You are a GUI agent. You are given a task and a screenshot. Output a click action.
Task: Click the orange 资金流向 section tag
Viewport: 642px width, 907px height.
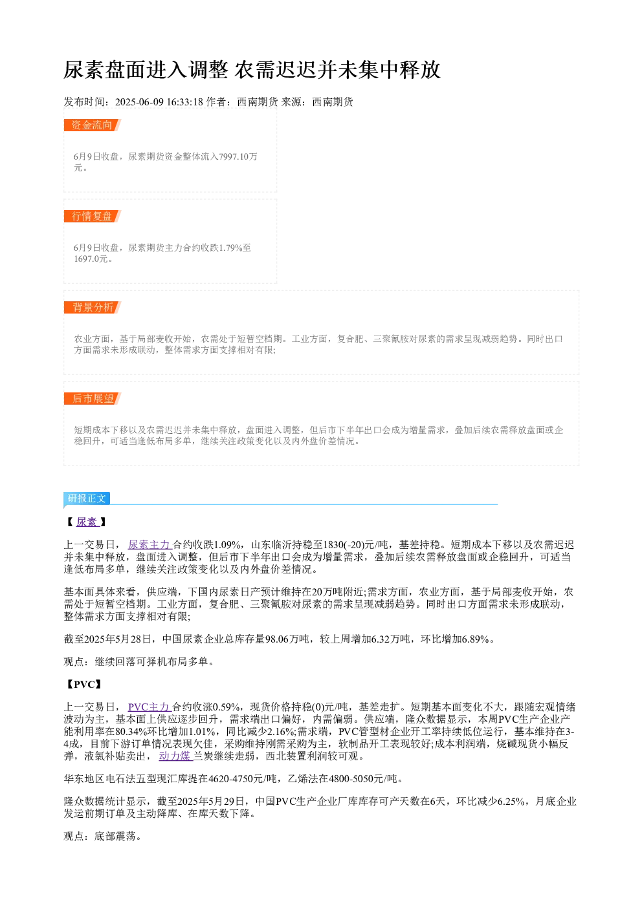tap(93, 125)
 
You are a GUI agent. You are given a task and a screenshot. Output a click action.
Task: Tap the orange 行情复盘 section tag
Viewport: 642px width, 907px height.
tap(93, 216)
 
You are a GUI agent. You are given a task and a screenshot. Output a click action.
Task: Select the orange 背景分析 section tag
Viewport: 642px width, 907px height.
tap(93, 307)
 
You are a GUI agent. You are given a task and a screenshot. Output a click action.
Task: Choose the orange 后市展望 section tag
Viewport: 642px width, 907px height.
tap(93, 398)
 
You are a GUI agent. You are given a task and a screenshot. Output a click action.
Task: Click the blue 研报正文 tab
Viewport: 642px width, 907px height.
tap(87, 498)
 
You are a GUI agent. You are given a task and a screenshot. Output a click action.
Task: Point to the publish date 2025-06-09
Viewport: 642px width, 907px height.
tap(139, 101)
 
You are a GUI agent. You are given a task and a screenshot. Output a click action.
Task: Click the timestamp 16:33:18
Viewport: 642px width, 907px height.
tap(184, 101)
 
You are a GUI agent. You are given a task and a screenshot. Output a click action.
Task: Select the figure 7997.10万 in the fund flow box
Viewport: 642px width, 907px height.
tap(238, 156)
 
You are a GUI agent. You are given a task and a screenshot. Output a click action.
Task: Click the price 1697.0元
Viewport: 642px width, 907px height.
tap(91, 259)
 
